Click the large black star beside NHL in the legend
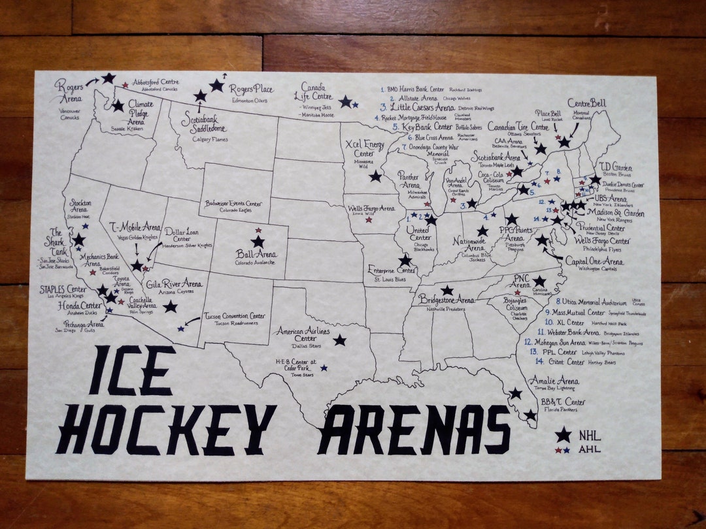click(x=562, y=435)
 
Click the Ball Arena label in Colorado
click(x=257, y=254)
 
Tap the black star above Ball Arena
click(x=258, y=242)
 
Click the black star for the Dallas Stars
click(x=340, y=340)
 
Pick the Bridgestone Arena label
click(x=447, y=300)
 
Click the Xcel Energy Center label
click(x=364, y=148)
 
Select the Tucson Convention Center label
click(x=235, y=317)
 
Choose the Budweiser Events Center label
click(x=234, y=203)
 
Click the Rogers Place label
click(x=251, y=89)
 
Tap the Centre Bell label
click(x=586, y=103)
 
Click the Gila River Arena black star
click(x=170, y=306)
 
